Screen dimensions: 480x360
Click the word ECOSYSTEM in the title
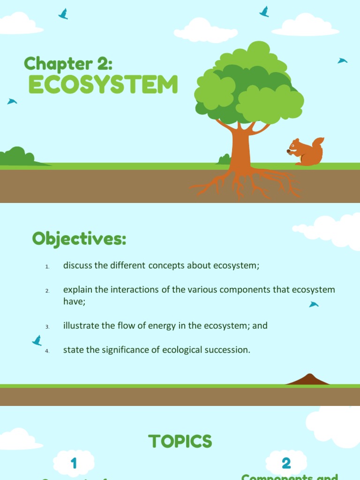(x=103, y=85)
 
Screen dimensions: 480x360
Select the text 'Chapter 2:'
(x=68, y=63)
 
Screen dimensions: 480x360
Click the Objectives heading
(x=79, y=239)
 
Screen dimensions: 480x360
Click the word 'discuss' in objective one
(x=77, y=265)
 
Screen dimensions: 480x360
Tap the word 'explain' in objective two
(x=78, y=289)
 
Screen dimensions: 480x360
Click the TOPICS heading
(x=180, y=441)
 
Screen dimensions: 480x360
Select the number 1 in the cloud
(x=74, y=464)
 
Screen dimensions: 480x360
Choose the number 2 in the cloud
(x=286, y=463)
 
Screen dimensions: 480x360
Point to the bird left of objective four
(x=37, y=340)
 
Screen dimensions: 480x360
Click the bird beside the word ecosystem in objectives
(x=314, y=305)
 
